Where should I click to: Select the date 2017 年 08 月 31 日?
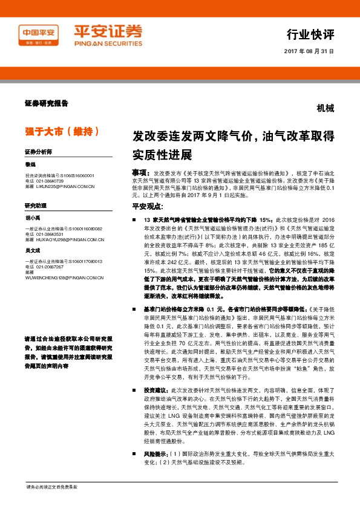point(309,51)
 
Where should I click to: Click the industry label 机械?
point(326,109)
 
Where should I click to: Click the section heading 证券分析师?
point(38,152)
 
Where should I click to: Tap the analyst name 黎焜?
point(30,164)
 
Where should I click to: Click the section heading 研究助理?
point(36,206)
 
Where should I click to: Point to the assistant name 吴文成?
point(33,250)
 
